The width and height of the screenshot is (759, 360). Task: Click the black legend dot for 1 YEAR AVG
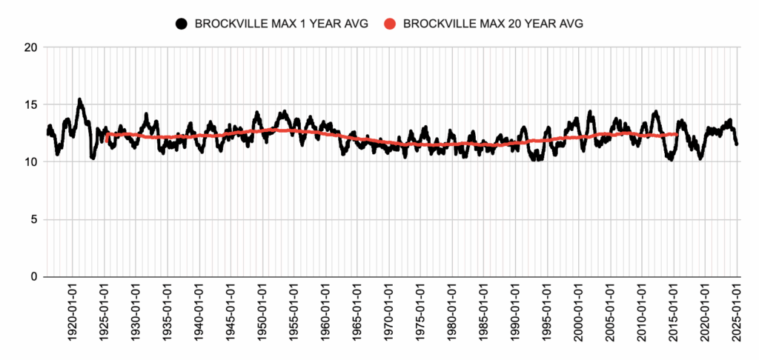(x=182, y=24)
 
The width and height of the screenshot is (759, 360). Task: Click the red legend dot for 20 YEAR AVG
(x=391, y=24)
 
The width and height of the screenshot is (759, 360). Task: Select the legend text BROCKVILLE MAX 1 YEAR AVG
(x=281, y=24)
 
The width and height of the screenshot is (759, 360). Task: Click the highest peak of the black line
(x=79, y=99)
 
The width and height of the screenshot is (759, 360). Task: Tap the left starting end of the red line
(x=107, y=139)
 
